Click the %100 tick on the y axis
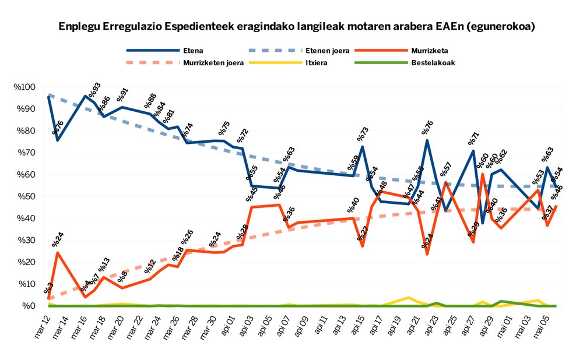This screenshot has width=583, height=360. click(x=24, y=87)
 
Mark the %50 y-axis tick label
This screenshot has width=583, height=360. click(x=26, y=196)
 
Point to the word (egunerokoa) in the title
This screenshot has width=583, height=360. click(x=503, y=27)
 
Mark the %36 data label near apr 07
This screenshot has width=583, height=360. click(x=289, y=214)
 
